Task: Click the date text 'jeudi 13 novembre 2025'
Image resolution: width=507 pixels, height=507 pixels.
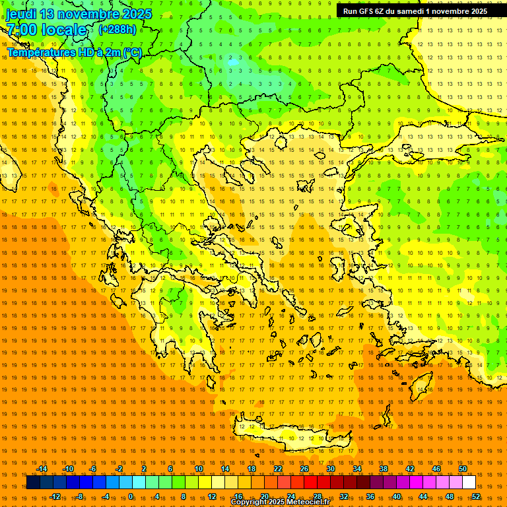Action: pos(79,14)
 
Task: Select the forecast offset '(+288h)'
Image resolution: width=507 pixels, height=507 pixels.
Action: pos(118,29)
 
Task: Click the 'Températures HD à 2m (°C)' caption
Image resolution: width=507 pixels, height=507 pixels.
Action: pos(74,52)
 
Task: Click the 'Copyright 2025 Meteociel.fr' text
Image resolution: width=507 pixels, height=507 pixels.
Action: pos(280,502)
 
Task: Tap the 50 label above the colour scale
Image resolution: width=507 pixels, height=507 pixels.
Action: pos(463,469)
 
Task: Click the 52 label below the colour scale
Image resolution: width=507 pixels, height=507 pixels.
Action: pos(476,496)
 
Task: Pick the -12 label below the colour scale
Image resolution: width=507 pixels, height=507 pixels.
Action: pos(55,496)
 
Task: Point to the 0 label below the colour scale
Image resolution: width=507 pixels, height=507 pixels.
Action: pos(131,496)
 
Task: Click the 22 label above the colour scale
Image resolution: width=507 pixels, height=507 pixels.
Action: pos(278,469)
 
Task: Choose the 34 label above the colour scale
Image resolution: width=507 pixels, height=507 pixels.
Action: pos(357,469)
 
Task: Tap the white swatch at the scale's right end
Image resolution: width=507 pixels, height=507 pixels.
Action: pos(469,483)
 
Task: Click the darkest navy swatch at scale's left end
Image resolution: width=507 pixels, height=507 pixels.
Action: pos(33,483)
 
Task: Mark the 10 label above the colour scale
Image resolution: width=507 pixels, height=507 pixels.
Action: pos(199,469)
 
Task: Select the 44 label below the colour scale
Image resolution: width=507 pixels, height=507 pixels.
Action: pos(423,496)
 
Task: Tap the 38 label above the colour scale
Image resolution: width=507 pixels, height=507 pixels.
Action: pos(384,469)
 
